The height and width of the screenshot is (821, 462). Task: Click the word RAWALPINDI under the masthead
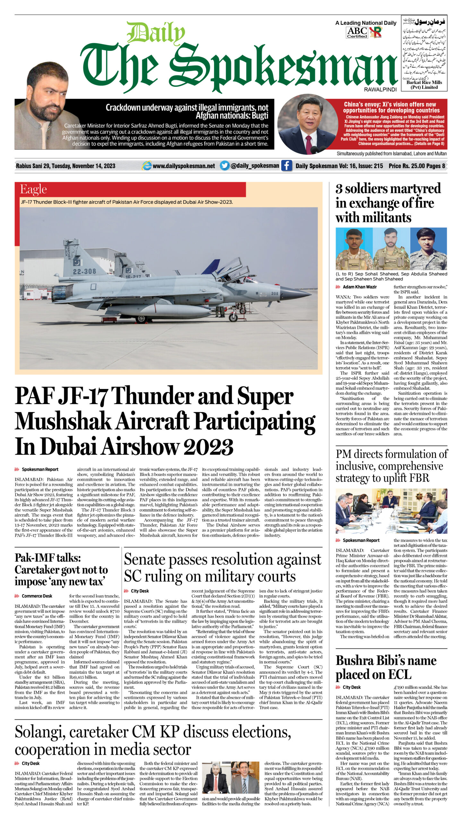380,89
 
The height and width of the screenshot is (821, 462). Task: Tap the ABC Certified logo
357,32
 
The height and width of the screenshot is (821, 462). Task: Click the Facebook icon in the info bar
287,165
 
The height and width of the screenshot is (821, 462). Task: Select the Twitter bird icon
225,165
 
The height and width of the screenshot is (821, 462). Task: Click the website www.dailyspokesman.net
184,166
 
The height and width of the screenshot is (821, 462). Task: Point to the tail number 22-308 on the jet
84,271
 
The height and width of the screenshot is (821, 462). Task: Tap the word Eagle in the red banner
33,189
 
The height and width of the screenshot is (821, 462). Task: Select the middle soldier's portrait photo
391,249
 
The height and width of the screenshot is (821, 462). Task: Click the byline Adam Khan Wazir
360,287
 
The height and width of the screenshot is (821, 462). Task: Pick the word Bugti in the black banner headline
260,115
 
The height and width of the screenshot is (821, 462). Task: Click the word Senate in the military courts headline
145,559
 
